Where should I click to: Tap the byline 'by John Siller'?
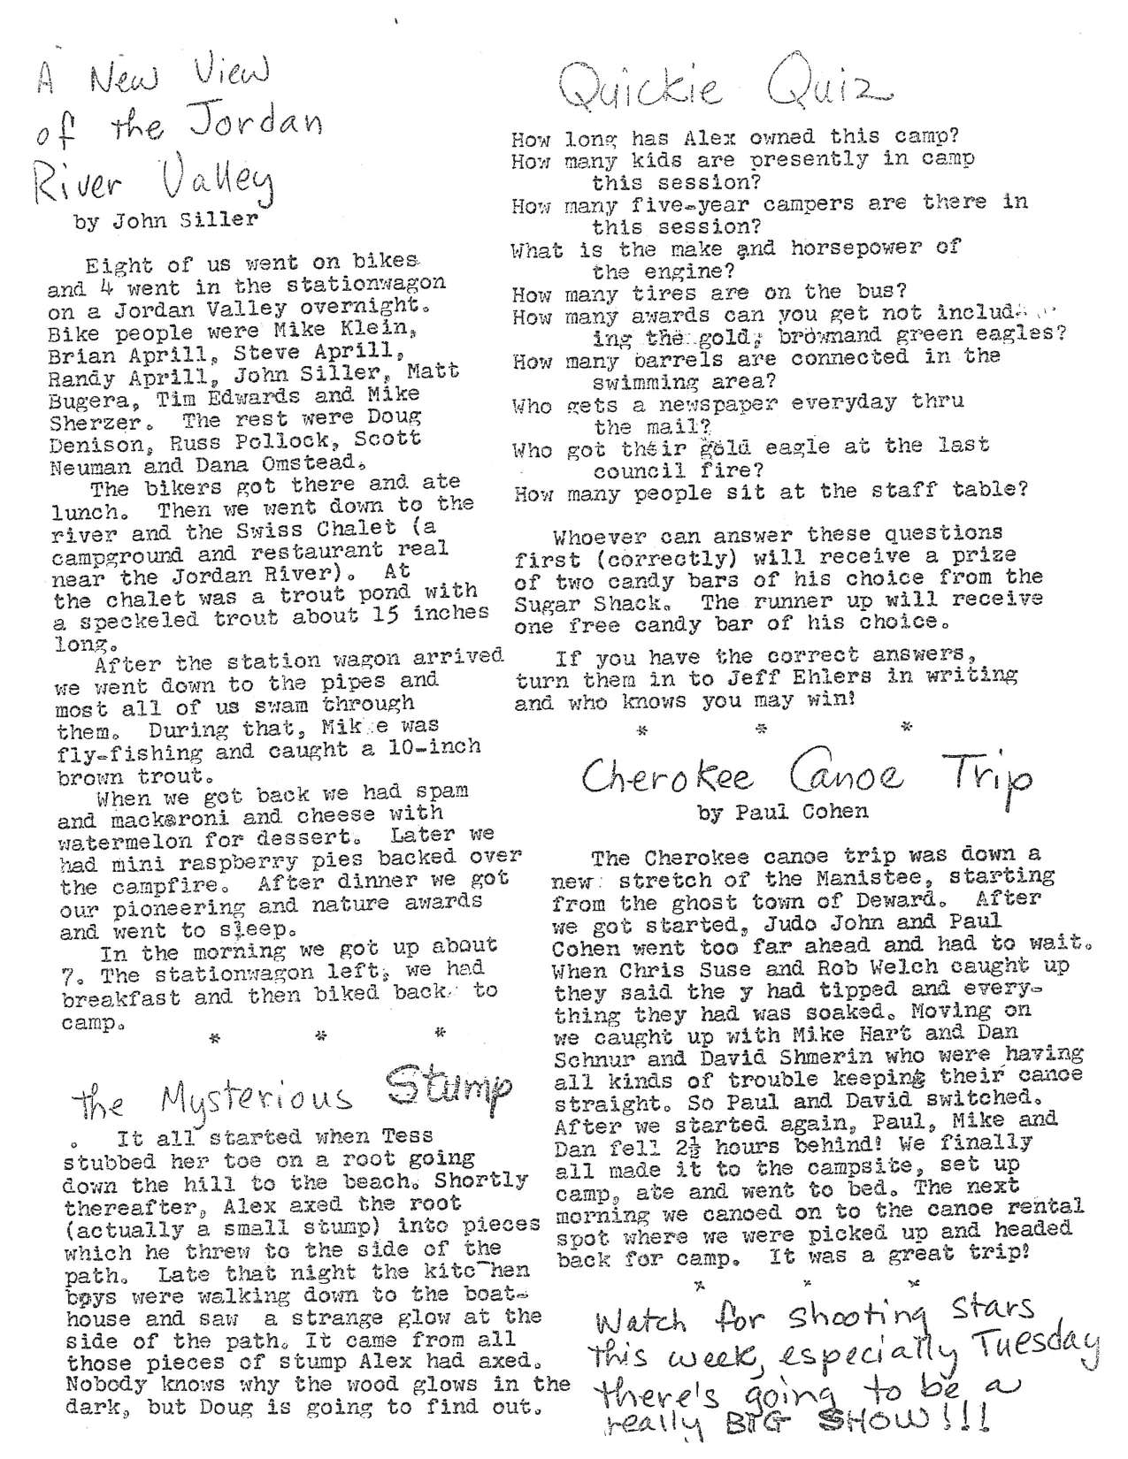click(165, 221)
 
